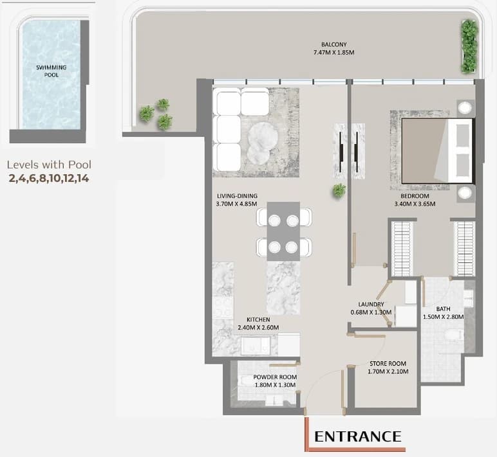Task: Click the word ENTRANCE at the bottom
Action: click(x=357, y=436)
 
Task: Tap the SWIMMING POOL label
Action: click(x=52, y=71)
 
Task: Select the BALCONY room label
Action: click(x=333, y=44)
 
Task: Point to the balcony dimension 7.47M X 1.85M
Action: click(x=333, y=53)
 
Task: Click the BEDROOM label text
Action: click(x=415, y=196)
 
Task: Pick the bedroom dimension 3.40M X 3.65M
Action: click(x=415, y=204)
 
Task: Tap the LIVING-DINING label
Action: click(x=237, y=196)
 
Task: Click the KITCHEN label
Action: click(x=258, y=319)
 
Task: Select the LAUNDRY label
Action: click(x=371, y=304)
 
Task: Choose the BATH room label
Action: click(x=443, y=309)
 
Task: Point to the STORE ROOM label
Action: click(x=388, y=364)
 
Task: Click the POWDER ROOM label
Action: click(x=275, y=377)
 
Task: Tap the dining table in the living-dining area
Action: click(x=284, y=231)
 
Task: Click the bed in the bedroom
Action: click(x=437, y=150)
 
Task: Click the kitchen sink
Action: click(x=256, y=346)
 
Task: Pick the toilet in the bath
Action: click(x=455, y=335)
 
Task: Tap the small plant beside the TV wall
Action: click(x=339, y=190)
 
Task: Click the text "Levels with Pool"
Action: click(x=49, y=165)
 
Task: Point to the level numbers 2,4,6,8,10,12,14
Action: click(x=49, y=178)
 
